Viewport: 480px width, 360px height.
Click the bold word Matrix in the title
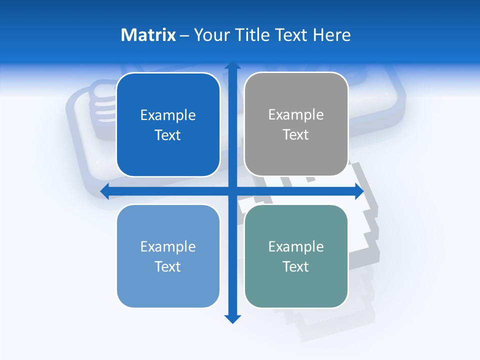click(148, 35)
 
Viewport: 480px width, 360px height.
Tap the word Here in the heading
click(332, 35)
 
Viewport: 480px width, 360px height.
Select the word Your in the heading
click(212, 35)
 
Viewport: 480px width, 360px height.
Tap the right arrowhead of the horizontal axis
click(359, 191)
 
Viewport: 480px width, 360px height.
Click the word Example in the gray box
click(296, 115)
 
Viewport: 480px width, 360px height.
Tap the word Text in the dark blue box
click(167, 135)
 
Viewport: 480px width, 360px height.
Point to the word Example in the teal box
click(296, 246)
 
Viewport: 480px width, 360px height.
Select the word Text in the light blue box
click(167, 267)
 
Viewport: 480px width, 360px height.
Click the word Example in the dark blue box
click(168, 115)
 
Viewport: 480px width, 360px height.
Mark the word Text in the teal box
click(295, 267)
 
